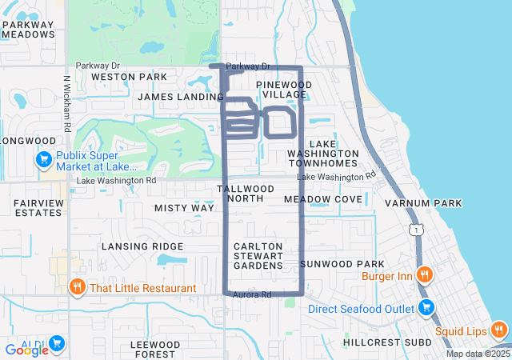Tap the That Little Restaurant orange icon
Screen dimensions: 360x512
pyautogui.click(x=78, y=288)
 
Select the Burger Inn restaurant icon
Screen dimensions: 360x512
pyautogui.click(x=425, y=276)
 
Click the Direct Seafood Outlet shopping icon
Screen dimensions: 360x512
pyautogui.click(x=426, y=308)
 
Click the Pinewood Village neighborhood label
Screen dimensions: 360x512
pyautogui.click(x=284, y=89)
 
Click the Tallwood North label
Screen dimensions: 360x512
pyautogui.click(x=246, y=194)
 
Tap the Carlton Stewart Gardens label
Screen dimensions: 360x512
pyautogui.click(x=258, y=255)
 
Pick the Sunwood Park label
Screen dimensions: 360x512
pyautogui.click(x=342, y=264)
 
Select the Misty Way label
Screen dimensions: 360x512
pyautogui.click(x=184, y=208)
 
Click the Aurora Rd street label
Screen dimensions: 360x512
pyautogui.click(x=252, y=295)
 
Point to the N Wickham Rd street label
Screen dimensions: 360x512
pyautogui.click(x=67, y=104)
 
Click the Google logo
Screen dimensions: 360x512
pyautogui.click(x=27, y=350)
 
